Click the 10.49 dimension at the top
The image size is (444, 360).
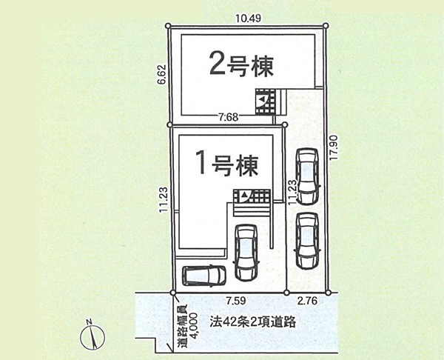click(x=248, y=19)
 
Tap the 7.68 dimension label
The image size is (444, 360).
click(x=229, y=117)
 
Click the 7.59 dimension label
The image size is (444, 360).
click(x=236, y=301)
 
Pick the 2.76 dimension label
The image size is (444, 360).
click(x=308, y=301)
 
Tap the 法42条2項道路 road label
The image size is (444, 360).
click(x=252, y=321)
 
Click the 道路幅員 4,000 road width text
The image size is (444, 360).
click(x=187, y=326)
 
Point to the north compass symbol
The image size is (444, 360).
click(x=92, y=336)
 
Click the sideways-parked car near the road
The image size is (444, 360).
click(x=204, y=276)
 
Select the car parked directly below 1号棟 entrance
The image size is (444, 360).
click(x=246, y=253)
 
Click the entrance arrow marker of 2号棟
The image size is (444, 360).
click(x=263, y=99)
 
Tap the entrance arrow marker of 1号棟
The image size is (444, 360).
click(x=243, y=195)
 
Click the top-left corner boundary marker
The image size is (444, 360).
click(x=168, y=26)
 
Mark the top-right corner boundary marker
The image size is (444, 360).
click(x=326, y=26)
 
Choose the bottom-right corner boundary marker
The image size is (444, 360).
click(x=328, y=293)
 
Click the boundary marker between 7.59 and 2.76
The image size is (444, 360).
click(x=286, y=293)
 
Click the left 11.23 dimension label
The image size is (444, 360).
click(x=164, y=199)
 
